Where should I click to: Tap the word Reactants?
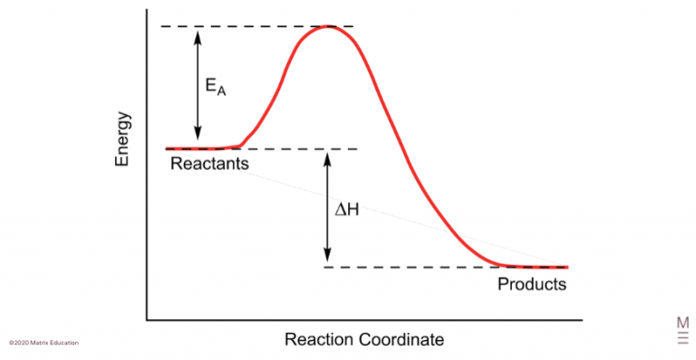click(x=208, y=163)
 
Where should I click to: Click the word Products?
click(x=532, y=284)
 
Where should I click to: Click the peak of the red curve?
click(x=327, y=26)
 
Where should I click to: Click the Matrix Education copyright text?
click(x=43, y=343)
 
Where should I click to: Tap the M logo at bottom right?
click(x=682, y=328)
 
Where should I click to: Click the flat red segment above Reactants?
click(x=199, y=147)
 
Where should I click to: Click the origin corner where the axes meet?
click(x=147, y=320)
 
